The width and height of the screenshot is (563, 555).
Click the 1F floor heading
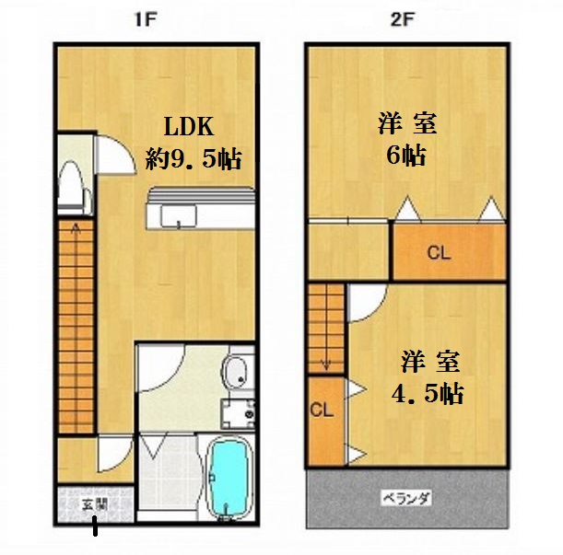pos(146,19)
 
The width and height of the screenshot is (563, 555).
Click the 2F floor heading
pos(402,19)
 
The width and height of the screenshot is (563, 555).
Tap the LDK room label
pos(189,126)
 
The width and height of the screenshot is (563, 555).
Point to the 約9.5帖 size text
pos(194,158)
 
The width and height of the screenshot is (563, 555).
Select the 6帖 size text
pos(406,155)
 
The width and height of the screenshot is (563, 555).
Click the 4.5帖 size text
pos(428,394)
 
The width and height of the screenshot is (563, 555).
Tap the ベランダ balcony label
pos(406,498)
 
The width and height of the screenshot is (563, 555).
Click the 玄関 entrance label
pos(95,505)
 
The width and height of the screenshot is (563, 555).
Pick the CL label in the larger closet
pos(439,253)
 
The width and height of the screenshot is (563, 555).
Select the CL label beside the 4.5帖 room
pos(322,410)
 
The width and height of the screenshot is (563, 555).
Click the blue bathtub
pos(229,476)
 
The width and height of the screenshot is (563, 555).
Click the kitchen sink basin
pos(179,215)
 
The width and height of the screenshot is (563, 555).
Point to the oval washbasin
pos(236,373)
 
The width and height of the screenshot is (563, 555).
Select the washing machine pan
pos(238,413)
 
